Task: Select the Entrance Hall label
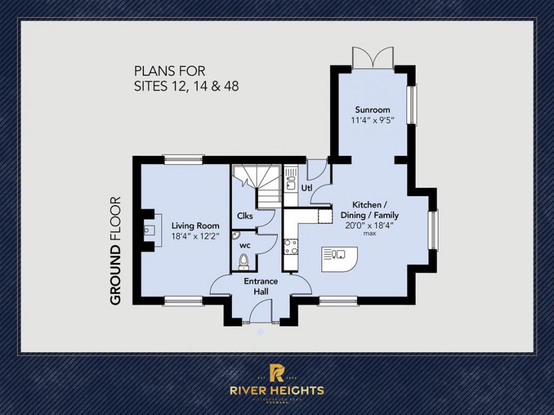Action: [x=260, y=286]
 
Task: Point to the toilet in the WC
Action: [x=243, y=261]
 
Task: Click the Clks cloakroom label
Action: [x=245, y=216]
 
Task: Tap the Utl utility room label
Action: [x=306, y=187]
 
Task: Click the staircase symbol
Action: [x=259, y=185]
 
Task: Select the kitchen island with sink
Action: [x=339, y=259]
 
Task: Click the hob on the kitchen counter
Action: [x=291, y=246]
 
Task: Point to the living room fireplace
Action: [x=150, y=230]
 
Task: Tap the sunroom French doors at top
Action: [x=372, y=57]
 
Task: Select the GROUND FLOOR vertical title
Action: [x=115, y=251]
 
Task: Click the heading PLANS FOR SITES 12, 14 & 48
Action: [x=187, y=79]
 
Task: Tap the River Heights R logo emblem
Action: [x=277, y=373]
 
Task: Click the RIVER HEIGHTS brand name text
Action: [x=277, y=390]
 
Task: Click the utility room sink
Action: [x=291, y=182]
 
